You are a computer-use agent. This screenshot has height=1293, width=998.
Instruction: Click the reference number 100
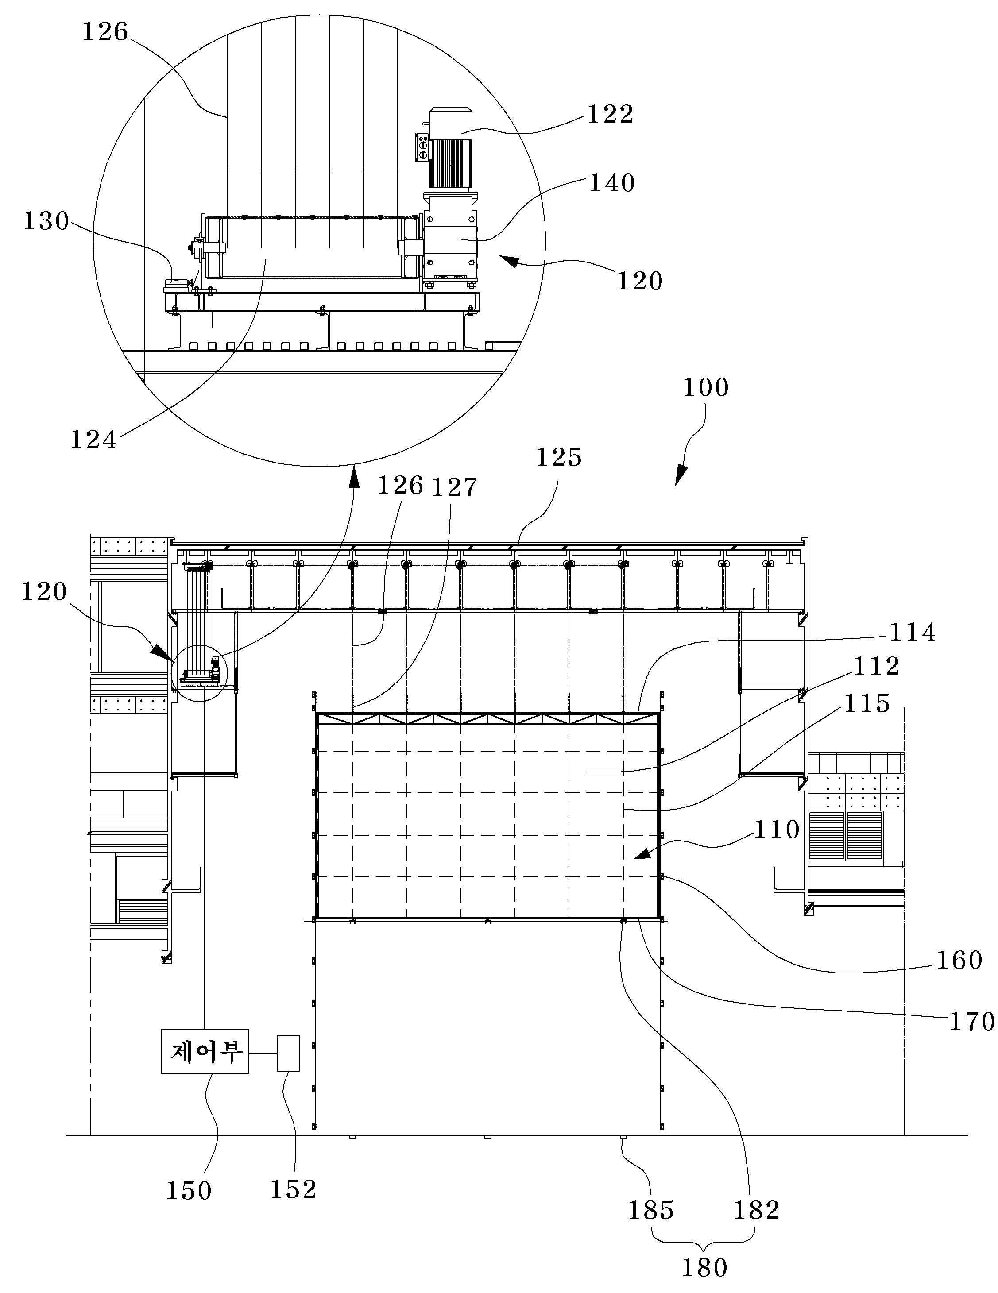point(705,388)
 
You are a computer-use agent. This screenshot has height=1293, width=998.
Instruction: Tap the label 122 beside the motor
point(610,114)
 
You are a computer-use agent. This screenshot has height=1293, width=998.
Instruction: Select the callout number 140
point(611,183)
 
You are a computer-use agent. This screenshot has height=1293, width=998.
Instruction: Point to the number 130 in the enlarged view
point(46,221)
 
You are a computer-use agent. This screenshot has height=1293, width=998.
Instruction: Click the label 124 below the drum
point(93,440)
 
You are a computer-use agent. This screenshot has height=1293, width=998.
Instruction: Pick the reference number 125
point(558,458)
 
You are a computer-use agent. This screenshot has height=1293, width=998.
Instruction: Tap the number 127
point(454,488)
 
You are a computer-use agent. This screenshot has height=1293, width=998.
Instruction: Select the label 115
point(867,703)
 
